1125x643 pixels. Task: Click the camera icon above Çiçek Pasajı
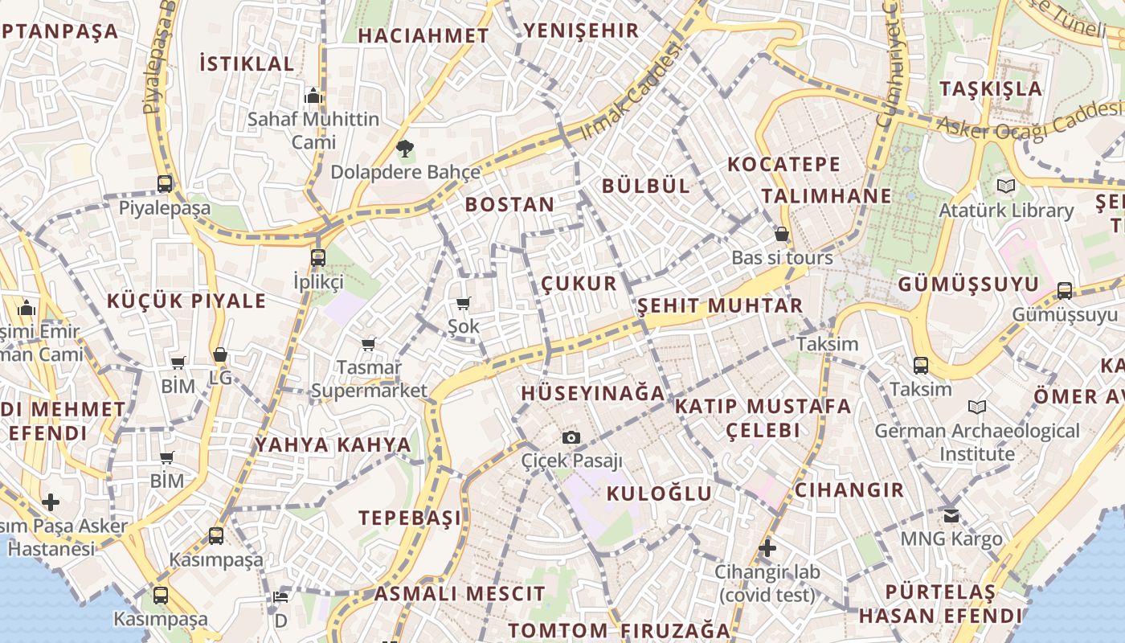pyautogui.click(x=571, y=437)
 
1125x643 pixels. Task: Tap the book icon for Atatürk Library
pyautogui.click(x=1005, y=186)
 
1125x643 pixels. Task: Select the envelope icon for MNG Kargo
pyautogui.click(x=951, y=515)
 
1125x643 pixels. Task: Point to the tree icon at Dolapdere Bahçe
pyautogui.click(x=405, y=148)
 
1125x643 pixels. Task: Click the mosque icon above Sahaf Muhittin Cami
pyautogui.click(x=313, y=96)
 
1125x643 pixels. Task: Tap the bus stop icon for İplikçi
pyautogui.click(x=318, y=258)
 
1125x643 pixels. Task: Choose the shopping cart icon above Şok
pyautogui.click(x=463, y=303)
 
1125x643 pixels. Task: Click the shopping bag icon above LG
pyautogui.click(x=220, y=354)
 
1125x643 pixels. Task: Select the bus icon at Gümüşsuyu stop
pyautogui.click(x=1065, y=291)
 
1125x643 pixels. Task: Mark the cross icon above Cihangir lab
pyautogui.click(x=767, y=548)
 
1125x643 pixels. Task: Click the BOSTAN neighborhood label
pyautogui.click(x=509, y=204)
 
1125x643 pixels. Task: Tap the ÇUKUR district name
pyautogui.click(x=579, y=283)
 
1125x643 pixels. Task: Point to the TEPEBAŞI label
pyautogui.click(x=411, y=518)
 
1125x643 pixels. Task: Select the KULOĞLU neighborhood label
pyautogui.click(x=659, y=493)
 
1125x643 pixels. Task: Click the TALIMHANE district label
pyautogui.click(x=826, y=195)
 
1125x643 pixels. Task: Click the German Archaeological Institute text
pyautogui.click(x=977, y=442)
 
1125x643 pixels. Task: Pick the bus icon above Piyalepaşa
pyautogui.click(x=165, y=183)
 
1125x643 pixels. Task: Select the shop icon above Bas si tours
pyautogui.click(x=781, y=235)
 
